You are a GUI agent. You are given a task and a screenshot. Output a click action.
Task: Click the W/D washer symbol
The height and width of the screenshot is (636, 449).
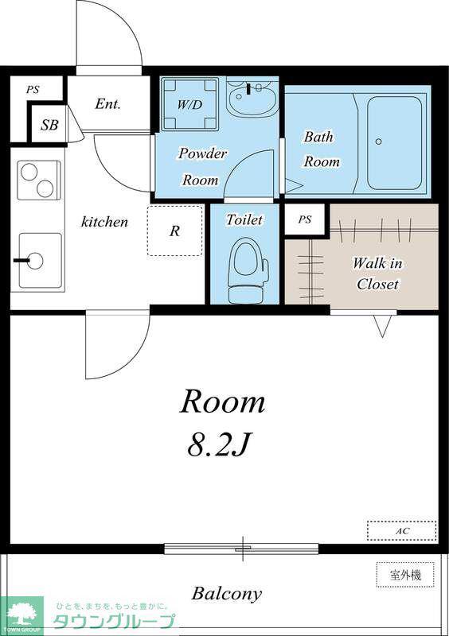point(189,104)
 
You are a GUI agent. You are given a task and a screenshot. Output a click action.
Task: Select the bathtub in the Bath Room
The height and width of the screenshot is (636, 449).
point(394,143)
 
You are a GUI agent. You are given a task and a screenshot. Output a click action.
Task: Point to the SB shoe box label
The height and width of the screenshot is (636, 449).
point(49,125)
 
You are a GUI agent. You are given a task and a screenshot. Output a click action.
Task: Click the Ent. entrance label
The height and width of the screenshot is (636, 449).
point(107,104)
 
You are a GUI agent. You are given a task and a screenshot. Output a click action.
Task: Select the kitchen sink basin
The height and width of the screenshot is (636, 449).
point(41,261)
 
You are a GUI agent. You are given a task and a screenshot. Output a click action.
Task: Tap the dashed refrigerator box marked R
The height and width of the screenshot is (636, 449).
point(174,231)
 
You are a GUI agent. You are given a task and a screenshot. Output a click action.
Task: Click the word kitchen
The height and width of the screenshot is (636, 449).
point(104,222)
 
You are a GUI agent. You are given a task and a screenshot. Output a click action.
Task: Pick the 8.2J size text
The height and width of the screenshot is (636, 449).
point(218,445)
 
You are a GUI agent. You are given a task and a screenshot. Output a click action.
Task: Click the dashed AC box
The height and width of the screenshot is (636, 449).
point(401,530)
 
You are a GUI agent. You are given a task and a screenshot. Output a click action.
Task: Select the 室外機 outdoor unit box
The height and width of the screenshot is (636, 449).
point(405,574)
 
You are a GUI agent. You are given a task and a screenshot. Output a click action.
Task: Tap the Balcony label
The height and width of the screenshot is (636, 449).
point(227,594)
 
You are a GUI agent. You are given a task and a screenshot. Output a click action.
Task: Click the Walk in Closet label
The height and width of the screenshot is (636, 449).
point(377,273)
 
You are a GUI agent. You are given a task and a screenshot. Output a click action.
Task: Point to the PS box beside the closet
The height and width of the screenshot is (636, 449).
point(305,219)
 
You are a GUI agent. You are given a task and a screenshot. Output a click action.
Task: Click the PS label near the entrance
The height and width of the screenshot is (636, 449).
point(33,89)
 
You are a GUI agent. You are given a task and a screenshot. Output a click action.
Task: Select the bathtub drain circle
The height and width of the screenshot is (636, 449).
point(379,142)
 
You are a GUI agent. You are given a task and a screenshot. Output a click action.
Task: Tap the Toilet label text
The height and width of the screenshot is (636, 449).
point(244,219)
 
